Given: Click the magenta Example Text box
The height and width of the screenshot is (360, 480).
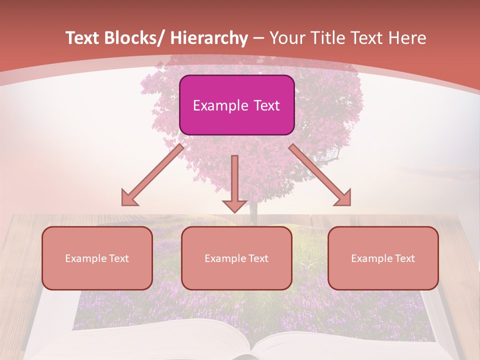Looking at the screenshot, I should (x=236, y=105).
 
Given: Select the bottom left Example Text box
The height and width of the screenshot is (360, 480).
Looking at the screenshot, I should (x=97, y=258).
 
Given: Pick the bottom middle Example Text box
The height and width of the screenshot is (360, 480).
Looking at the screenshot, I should (x=236, y=258).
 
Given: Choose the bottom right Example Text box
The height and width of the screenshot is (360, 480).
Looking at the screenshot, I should (x=383, y=258).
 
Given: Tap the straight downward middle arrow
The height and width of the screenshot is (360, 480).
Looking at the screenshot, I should (x=234, y=182).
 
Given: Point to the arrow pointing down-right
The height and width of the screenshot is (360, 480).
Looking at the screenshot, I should (x=320, y=175).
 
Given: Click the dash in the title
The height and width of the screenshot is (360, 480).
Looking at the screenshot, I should (x=258, y=39).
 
